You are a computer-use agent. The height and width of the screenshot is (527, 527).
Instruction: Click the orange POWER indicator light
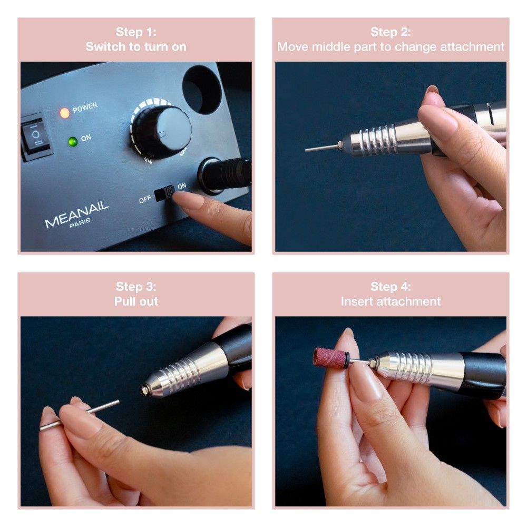pyautogui.click(x=64, y=113)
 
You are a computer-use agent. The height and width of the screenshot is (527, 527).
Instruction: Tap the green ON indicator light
pyautogui.click(x=73, y=141)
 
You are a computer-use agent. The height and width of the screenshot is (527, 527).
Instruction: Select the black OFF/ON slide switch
pyautogui.click(x=164, y=193)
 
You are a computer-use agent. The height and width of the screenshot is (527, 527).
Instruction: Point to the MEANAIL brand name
pyautogui.click(x=76, y=214)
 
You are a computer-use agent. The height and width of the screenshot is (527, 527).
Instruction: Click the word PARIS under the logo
pyautogui.click(x=80, y=223)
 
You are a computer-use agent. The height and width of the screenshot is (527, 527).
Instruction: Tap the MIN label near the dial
pyautogui.click(x=148, y=161)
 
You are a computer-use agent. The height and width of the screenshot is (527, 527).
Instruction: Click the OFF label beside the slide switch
pyautogui.click(x=145, y=200)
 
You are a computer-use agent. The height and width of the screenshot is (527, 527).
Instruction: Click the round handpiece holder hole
pyautogui.click(x=201, y=90)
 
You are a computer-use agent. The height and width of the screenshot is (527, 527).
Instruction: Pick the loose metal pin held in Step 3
pyautogui.click(x=80, y=415)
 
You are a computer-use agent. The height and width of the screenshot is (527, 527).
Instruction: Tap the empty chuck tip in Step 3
pyautogui.click(x=145, y=390)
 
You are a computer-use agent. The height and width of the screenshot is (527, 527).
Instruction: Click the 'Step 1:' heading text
pyautogui.click(x=136, y=32)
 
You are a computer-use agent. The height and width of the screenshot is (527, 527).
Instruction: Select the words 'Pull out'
pyautogui.click(x=136, y=301)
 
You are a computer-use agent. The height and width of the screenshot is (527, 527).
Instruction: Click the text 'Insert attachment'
pyautogui.click(x=391, y=301)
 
